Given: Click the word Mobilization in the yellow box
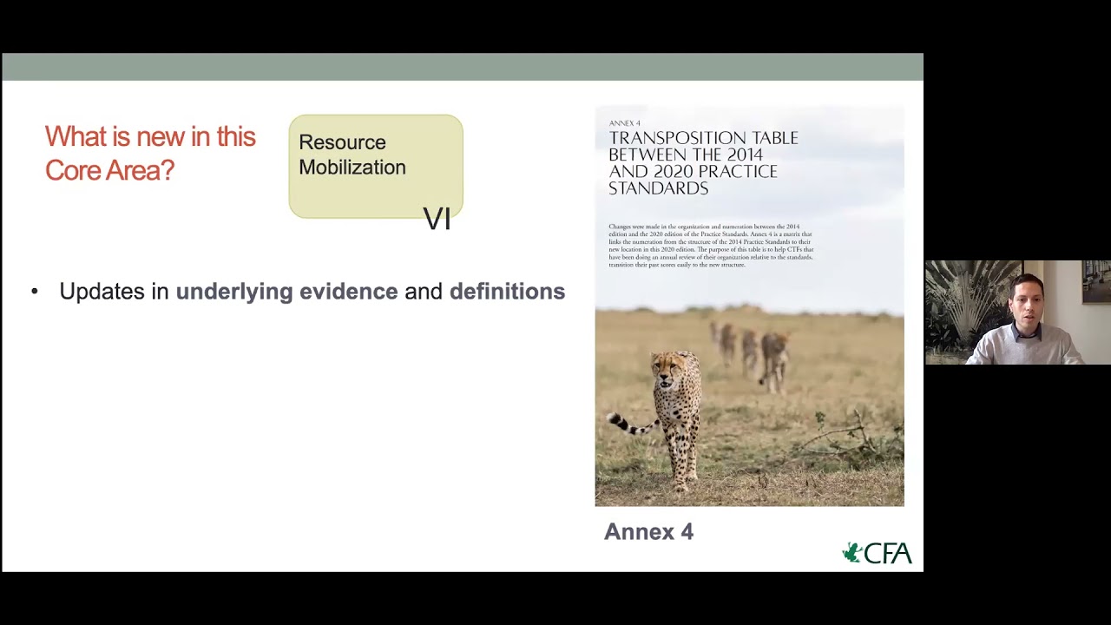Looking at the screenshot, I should [x=352, y=168].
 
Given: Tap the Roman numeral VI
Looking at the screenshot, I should [x=437, y=220].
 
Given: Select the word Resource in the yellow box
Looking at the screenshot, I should [x=342, y=142].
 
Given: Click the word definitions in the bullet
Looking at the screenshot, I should [x=507, y=292].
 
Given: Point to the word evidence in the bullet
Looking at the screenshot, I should [x=348, y=292].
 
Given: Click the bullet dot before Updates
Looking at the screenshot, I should [x=35, y=292].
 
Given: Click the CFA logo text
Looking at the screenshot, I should [x=888, y=554].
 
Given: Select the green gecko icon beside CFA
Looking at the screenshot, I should [x=852, y=553].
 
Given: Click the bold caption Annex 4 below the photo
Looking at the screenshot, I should [x=648, y=532].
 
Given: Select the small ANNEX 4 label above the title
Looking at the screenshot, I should [x=624, y=123].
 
